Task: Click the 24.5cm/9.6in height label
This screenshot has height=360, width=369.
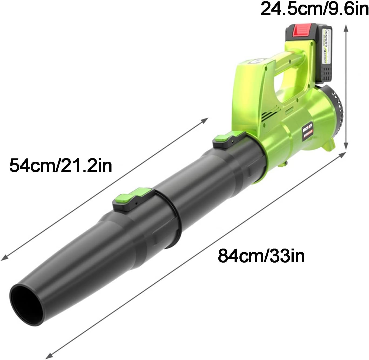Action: pyautogui.click(x=314, y=9)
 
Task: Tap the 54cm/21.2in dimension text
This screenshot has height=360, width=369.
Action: pyautogui.click(x=60, y=165)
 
